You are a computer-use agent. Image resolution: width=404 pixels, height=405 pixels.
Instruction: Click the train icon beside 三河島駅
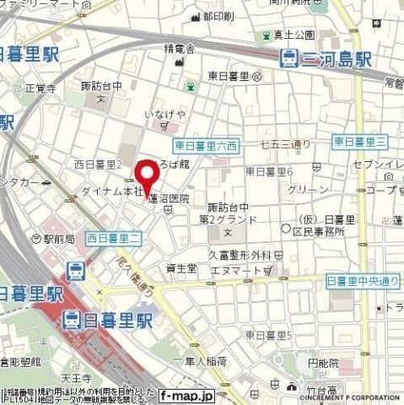[288, 58]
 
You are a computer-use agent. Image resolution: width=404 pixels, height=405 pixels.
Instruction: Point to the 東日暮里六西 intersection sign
[206, 145]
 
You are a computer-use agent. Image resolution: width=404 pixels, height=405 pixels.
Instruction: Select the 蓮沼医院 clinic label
[169, 199]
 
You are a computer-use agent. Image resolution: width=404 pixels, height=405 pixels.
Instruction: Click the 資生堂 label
[181, 268]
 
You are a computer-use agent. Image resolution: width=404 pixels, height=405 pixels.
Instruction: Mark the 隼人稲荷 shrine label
[205, 361]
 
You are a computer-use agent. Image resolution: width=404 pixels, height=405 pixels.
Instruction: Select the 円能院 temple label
[323, 363]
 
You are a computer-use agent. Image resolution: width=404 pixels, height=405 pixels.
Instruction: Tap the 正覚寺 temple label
[40, 88]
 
